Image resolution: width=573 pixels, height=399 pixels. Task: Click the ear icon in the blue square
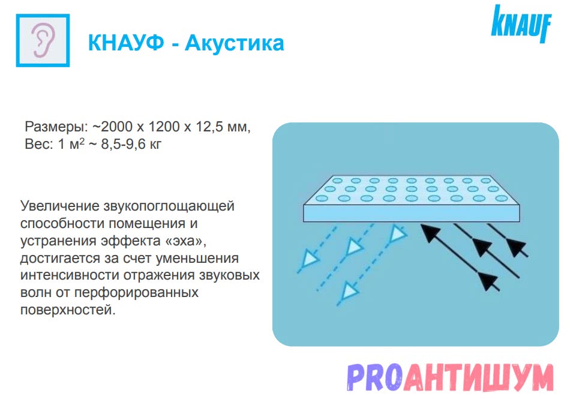pyautogui.click(x=43, y=40)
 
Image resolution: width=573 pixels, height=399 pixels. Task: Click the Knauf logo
pyautogui.click(x=521, y=23)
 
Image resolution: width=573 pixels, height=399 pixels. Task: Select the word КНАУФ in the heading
pyautogui.click(x=126, y=43)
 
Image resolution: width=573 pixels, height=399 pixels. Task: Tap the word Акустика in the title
pyautogui.click(x=234, y=43)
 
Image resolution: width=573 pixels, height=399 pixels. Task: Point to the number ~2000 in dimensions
pyautogui.click(x=112, y=127)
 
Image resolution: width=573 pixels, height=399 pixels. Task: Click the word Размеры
pyautogui.click(x=56, y=127)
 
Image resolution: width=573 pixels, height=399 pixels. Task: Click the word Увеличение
pyautogui.click(x=59, y=206)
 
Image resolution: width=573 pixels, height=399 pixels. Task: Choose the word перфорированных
pyautogui.click(x=136, y=293)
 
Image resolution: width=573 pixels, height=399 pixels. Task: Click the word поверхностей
pyautogui.click(x=68, y=310)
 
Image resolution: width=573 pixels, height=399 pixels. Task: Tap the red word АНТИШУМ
pyautogui.click(x=478, y=377)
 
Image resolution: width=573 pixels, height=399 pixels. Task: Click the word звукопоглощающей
pyautogui.click(x=169, y=206)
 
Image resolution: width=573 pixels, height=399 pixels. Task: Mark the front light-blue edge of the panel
pyautogui.click(x=412, y=213)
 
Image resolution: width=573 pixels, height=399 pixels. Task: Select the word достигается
pyautogui.click(x=60, y=259)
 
